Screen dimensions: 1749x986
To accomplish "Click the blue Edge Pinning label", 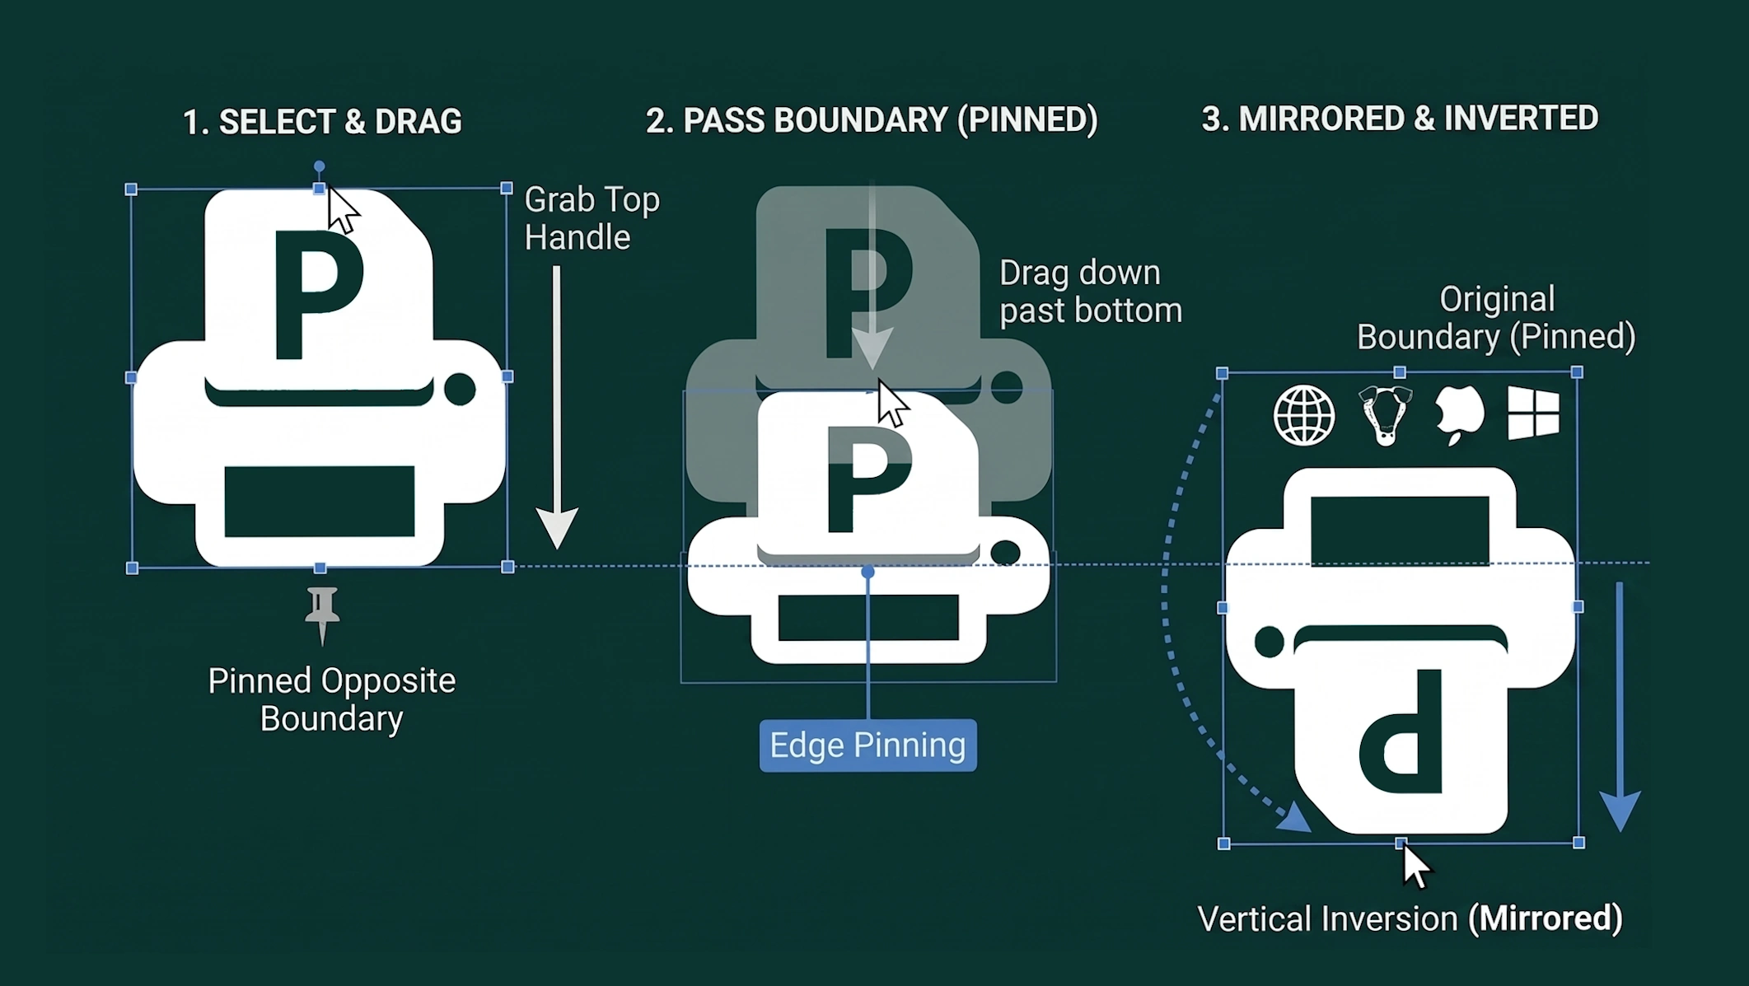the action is pos(867,745).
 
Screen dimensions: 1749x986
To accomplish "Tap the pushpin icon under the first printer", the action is pos(322,614).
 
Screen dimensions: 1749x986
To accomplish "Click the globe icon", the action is pos(1304,416).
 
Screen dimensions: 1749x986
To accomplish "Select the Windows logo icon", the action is pos(1533,414).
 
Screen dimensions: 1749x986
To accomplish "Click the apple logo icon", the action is pos(1459,414).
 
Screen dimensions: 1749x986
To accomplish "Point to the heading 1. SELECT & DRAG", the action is pos(322,122).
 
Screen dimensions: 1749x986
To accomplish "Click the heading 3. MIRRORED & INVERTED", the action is pos(1400,119).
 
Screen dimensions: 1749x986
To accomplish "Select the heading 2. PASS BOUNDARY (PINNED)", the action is pos(872,120).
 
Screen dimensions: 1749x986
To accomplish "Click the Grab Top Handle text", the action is pos(592,218).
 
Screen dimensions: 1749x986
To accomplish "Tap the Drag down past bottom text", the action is pos(1091,292).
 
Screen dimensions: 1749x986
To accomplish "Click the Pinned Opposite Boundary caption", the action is pos(331,699).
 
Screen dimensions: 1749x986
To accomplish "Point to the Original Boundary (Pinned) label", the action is pos(1496,318).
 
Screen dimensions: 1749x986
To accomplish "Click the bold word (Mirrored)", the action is pos(1546,918).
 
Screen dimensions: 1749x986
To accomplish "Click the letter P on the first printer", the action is pos(318,295).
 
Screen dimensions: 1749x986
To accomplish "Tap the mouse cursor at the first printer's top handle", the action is pos(342,209).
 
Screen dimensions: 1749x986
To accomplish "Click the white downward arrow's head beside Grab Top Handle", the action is pos(558,528).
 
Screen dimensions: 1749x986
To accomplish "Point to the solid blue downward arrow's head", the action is pos(1620,811).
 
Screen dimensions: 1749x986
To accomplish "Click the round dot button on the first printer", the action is pos(460,389).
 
